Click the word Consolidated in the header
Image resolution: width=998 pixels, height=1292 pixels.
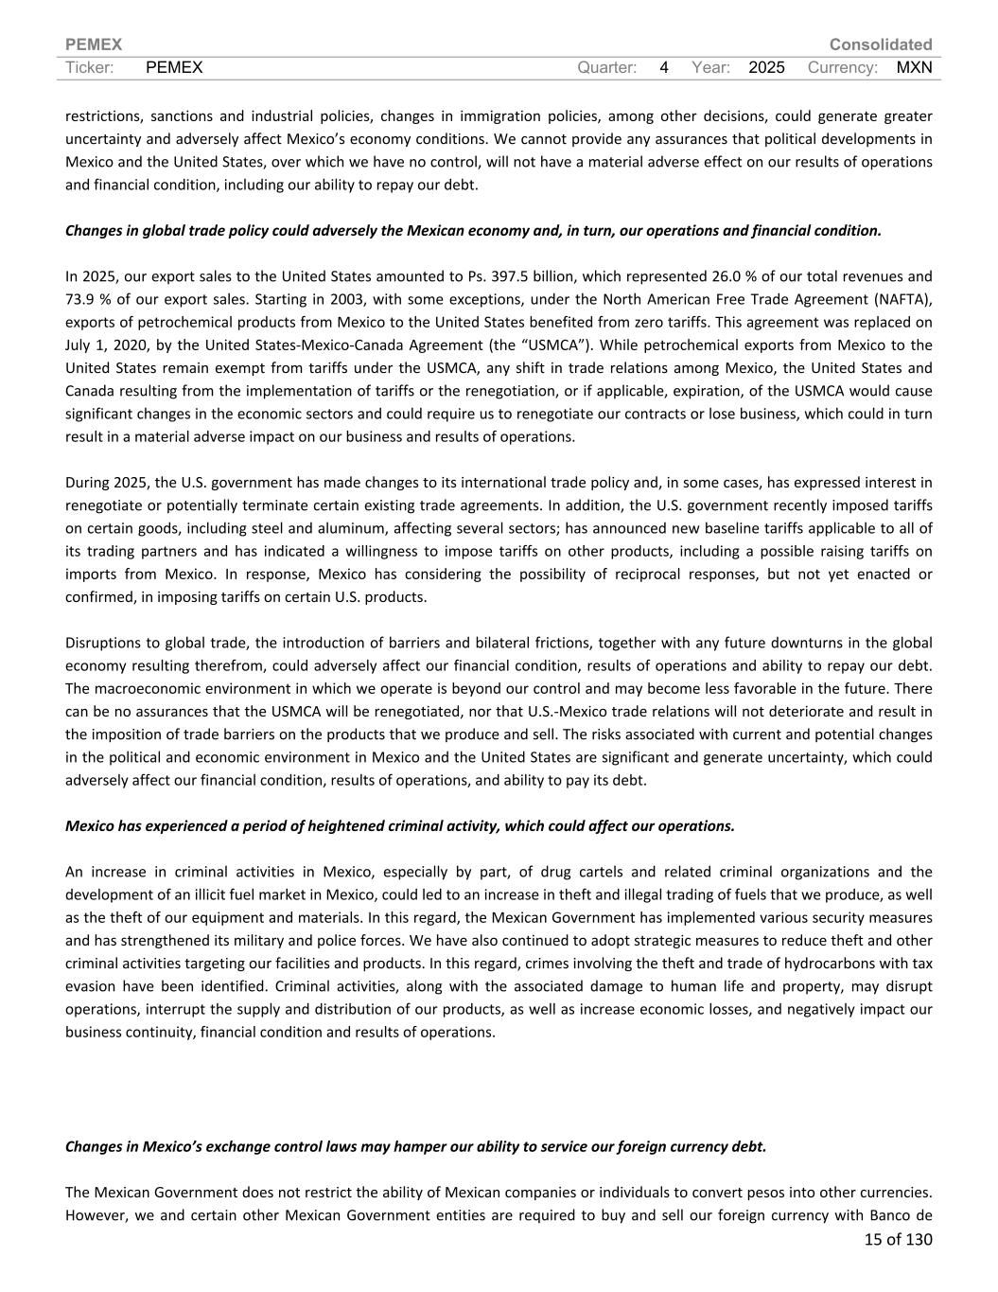[880, 44]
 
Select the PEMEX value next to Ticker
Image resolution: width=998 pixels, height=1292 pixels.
[175, 67]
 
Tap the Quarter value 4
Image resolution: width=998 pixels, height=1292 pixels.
[664, 67]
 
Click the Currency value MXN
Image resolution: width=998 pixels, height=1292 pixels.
[914, 67]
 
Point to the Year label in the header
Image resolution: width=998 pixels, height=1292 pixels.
[710, 67]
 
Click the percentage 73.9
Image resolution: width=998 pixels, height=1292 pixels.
[80, 299]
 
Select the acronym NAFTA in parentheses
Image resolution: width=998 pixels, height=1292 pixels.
[899, 299]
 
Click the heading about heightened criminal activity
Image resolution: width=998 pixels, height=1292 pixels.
[399, 825]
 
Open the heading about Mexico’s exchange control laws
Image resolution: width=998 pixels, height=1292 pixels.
[415, 1146]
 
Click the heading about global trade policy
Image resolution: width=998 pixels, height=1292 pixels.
[473, 230]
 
